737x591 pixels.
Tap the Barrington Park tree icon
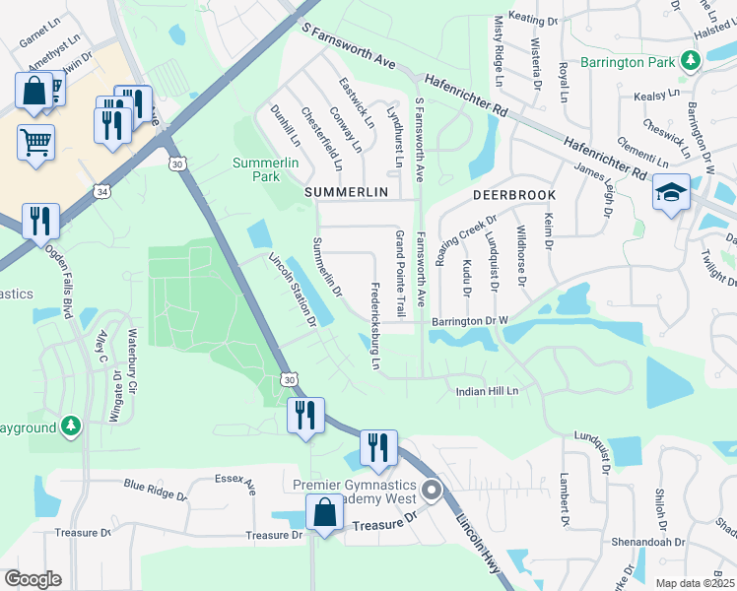(x=692, y=62)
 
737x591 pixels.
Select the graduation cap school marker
(x=671, y=192)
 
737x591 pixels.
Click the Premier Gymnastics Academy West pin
(x=431, y=490)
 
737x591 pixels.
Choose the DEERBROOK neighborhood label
(x=513, y=195)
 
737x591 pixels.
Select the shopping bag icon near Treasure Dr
(x=324, y=512)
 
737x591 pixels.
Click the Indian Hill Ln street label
(x=487, y=391)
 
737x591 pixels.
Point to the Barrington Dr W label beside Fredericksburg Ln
(x=468, y=321)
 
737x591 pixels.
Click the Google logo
(x=32, y=579)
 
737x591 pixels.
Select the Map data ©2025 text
(x=695, y=583)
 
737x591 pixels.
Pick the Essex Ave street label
(x=234, y=486)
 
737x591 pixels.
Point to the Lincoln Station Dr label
(x=293, y=289)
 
